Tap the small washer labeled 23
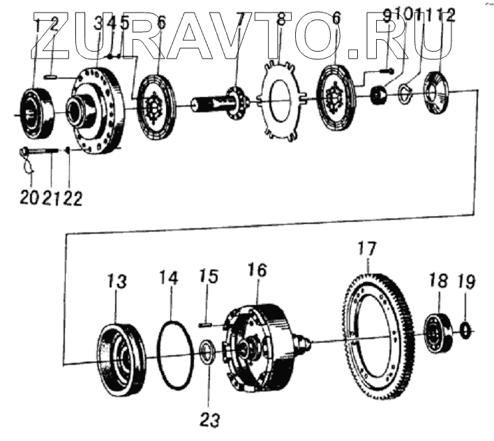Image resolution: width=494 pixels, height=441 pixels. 207,352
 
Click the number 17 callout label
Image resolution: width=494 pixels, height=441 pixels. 367,248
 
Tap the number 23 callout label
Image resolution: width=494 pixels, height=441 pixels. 210,419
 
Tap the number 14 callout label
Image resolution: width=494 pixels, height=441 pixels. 169,279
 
